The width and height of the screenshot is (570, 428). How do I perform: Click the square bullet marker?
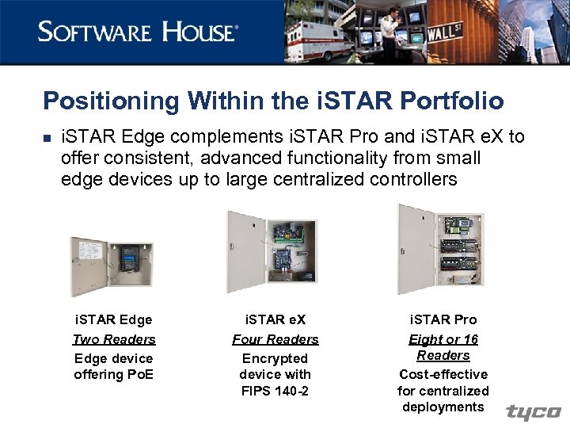[x=47, y=139]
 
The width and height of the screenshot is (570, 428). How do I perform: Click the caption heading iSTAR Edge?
[x=113, y=319]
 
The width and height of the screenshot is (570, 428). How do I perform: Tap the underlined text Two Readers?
[x=114, y=339]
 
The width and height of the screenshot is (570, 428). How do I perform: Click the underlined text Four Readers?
[x=275, y=339]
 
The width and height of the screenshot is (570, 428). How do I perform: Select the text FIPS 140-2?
[x=275, y=390]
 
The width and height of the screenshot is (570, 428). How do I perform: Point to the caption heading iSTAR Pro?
[x=443, y=319]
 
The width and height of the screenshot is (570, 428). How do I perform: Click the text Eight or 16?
[x=443, y=339]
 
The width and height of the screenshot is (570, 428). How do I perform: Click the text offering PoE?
[x=114, y=374]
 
